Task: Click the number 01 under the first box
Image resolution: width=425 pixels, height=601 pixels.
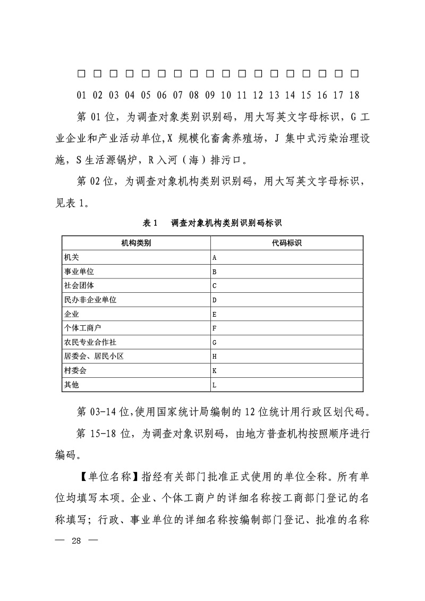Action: [81, 96]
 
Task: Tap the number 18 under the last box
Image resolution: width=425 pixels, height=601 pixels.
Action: [354, 96]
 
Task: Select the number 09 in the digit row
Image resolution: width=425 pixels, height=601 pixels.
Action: [210, 96]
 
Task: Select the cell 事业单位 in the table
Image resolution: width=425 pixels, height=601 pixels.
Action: [79, 272]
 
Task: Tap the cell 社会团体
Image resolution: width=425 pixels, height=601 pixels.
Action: [79, 285]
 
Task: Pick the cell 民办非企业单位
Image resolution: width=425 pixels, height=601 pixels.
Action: [90, 300]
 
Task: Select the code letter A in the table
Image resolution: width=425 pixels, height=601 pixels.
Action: [215, 258]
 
